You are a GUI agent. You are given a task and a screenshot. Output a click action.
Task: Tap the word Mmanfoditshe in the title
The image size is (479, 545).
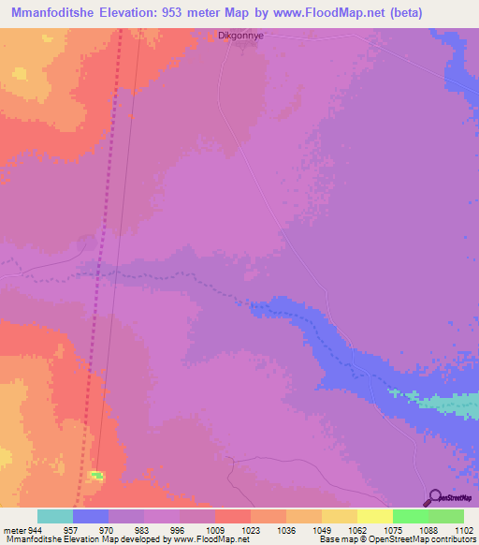click(56, 13)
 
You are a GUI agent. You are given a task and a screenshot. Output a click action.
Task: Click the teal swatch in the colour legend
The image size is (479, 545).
click(55, 516)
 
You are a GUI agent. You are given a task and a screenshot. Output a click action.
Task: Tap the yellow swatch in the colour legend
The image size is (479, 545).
click(375, 516)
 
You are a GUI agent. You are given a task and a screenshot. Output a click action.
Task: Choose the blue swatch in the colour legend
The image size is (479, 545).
click(91, 516)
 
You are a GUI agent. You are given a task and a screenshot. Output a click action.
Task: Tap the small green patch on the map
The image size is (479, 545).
click(95, 477)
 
